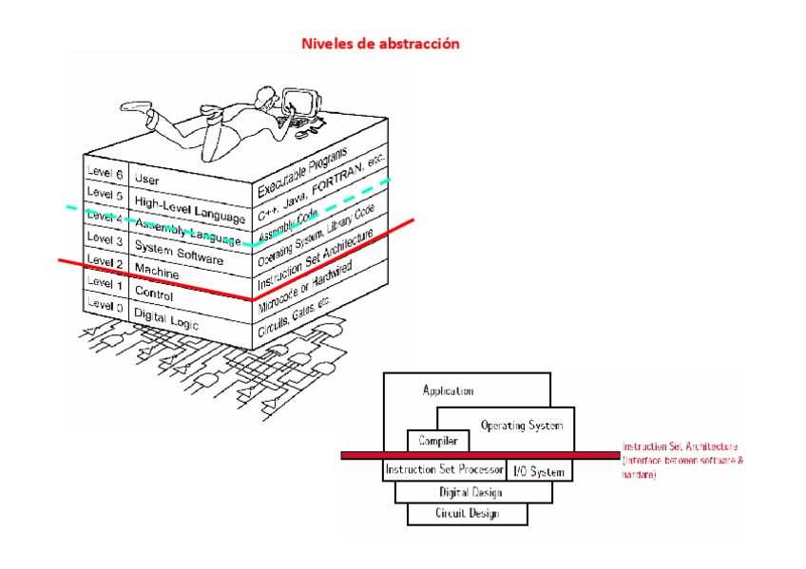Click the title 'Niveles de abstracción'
[380, 44]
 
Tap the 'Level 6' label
[105, 174]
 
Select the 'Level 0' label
[105, 305]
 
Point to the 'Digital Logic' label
[165, 318]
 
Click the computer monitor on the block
[302, 102]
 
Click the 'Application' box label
[448, 390]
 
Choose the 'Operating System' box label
[522, 425]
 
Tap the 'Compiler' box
[438, 441]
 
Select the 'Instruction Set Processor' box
[444, 470]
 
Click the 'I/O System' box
[539, 471]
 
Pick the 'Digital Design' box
[471, 492]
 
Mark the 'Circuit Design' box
[467, 514]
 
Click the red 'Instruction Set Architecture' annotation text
[681, 446]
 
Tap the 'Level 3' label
[105, 239]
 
